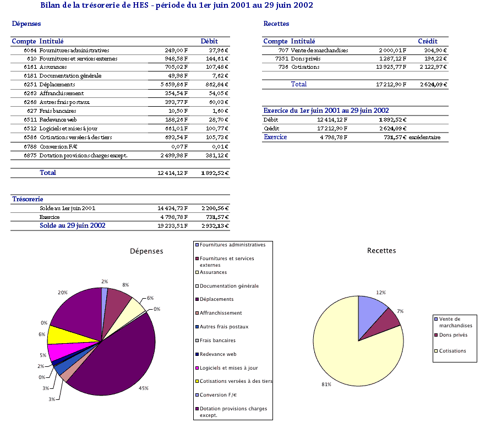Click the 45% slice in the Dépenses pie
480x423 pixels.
coord(110,363)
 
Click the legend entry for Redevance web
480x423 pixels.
coord(218,354)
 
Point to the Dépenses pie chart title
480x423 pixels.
coord(146,251)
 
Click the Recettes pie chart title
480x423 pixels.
coord(381,251)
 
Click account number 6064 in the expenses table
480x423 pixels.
coord(30,50)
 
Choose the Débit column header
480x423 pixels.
coord(209,41)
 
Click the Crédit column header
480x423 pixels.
coord(428,41)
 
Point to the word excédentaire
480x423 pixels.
coord(424,138)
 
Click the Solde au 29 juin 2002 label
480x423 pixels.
coord(72,226)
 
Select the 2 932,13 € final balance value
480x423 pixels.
coord(215,226)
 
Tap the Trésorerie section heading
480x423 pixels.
coord(28,199)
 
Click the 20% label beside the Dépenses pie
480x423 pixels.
coord(63,293)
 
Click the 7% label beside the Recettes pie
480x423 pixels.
coord(401,311)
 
